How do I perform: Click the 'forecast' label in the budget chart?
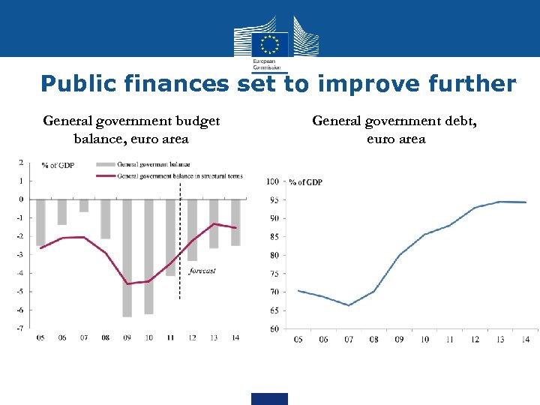(202, 271)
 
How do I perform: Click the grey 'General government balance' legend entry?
(153, 164)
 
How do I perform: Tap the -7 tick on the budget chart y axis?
(19, 328)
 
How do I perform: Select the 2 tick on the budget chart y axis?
(21, 162)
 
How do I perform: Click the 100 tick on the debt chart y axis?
(272, 181)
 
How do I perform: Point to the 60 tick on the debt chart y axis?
(274, 328)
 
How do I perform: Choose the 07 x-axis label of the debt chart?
(349, 340)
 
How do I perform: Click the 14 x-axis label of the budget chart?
(235, 338)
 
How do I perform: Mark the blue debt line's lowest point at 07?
(349, 305)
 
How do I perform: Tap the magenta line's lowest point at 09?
(127, 283)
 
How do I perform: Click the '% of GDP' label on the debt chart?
(305, 182)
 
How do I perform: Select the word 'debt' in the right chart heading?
(470, 121)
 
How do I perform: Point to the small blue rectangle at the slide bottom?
(269, 398)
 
